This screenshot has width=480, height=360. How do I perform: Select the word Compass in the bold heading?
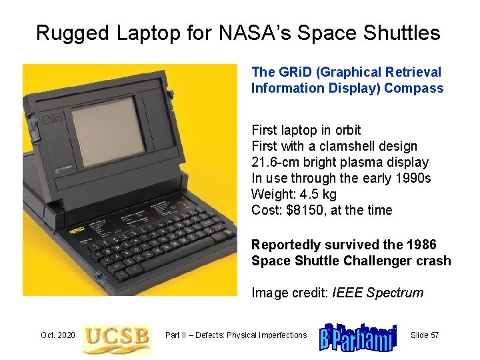click(x=418, y=88)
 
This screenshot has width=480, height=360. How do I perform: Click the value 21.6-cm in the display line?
click(x=274, y=162)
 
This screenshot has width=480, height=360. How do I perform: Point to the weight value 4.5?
click(x=305, y=194)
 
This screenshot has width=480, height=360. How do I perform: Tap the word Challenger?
click(x=378, y=261)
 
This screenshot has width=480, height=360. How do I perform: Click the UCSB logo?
click(x=117, y=335)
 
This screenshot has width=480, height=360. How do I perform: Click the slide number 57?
click(x=433, y=335)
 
